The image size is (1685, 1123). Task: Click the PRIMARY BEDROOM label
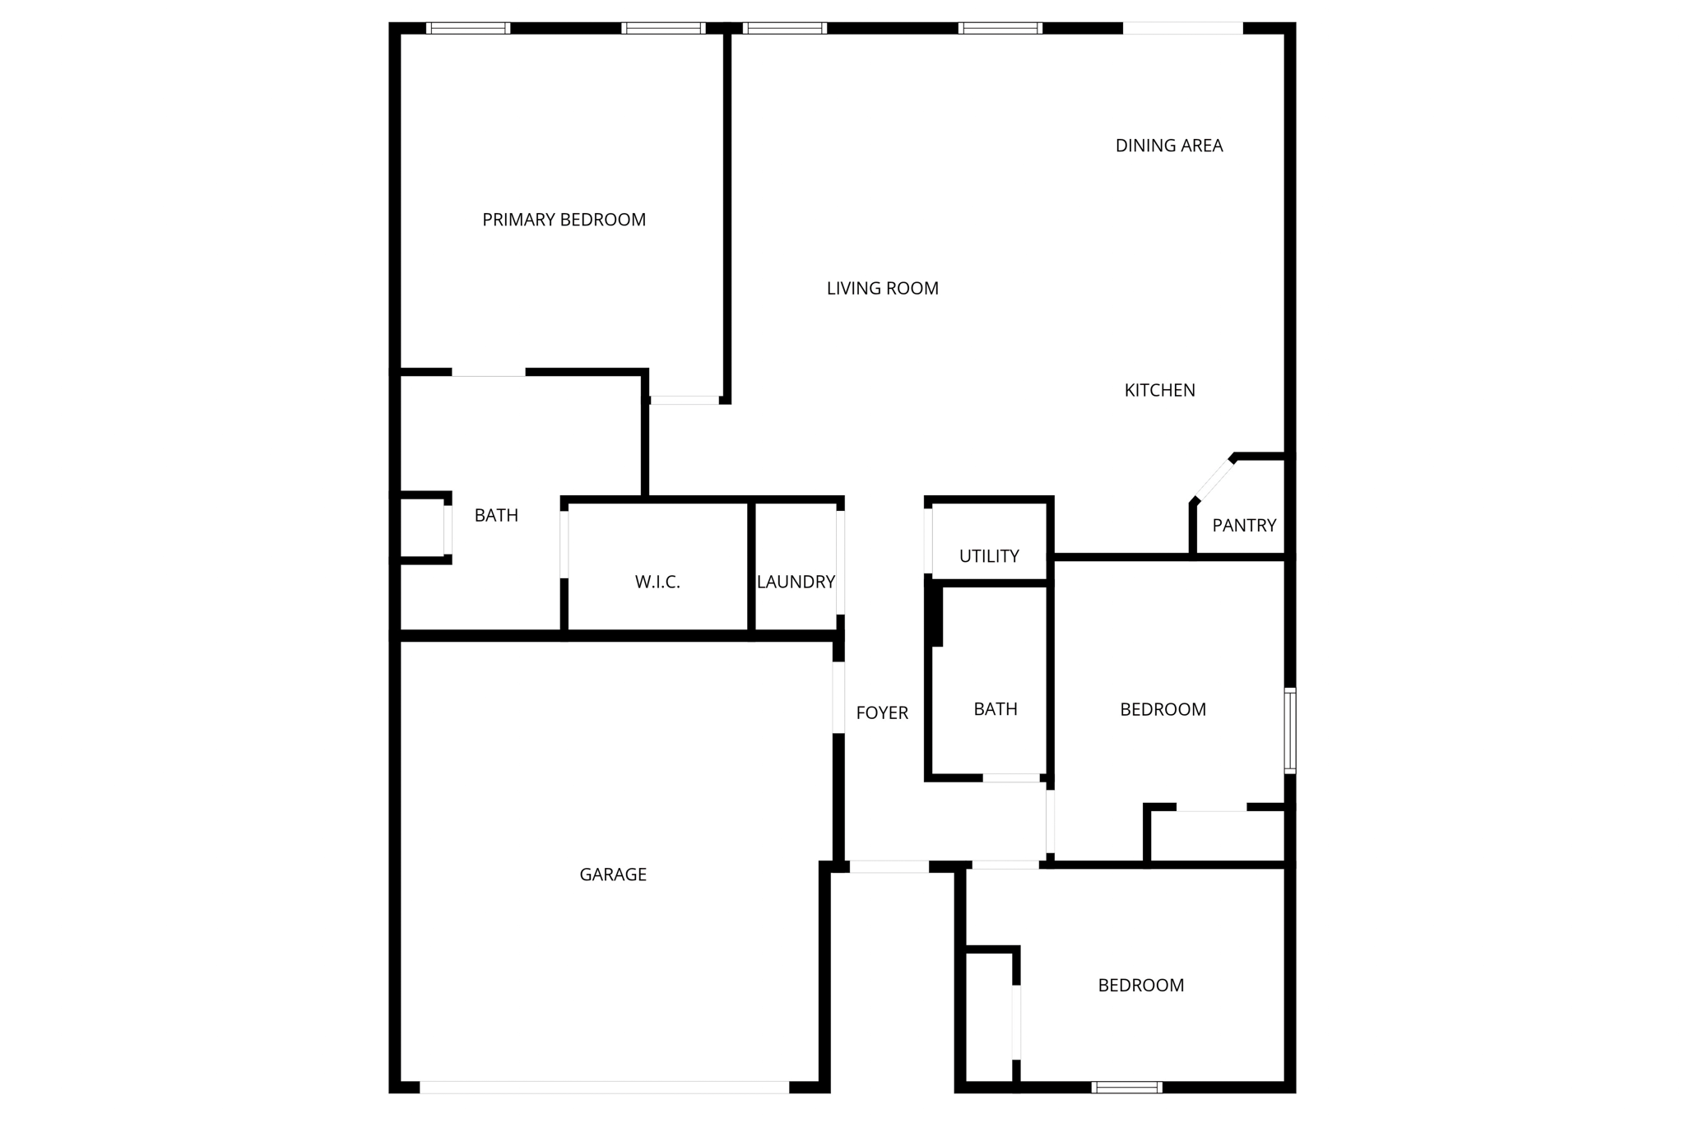564,220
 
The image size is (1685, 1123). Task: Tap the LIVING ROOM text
882,288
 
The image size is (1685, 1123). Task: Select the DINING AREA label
1168,146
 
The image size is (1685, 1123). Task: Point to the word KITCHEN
1159,390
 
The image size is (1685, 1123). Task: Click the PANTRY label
1243,525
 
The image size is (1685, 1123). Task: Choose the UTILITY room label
988,556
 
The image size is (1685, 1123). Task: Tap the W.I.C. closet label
657,582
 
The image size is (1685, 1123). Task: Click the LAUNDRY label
796,582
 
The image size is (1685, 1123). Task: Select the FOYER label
881,713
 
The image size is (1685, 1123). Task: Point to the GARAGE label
613,875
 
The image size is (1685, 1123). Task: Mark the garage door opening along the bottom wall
604,1087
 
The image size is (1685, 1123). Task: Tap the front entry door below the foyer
889,866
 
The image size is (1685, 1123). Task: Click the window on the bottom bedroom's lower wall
1126,1087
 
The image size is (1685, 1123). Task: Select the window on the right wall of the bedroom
1290,731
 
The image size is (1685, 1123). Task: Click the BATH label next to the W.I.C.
496,516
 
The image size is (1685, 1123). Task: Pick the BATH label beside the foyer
995,709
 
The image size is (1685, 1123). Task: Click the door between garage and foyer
838,697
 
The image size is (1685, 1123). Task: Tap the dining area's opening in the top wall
1182,28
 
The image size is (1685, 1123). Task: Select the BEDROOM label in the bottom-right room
1140,986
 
